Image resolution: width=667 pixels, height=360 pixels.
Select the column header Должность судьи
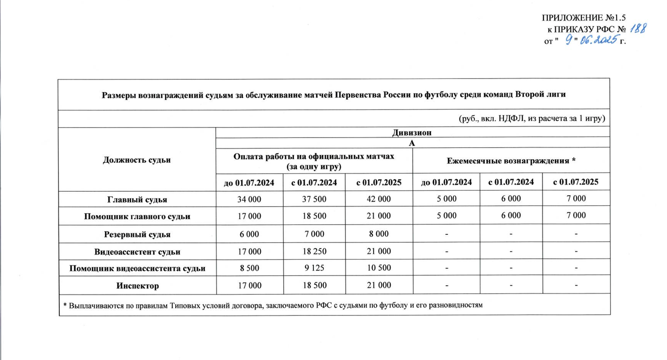click(137, 160)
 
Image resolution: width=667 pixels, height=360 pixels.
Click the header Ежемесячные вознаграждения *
click(511, 161)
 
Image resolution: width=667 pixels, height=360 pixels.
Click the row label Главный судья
click(137, 198)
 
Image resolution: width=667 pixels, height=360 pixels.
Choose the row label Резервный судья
click(137, 234)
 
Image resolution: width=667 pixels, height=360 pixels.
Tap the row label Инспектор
click(137, 286)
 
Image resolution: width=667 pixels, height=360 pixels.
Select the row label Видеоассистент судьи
click(137, 251)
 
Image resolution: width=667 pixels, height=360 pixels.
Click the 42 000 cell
click(379, 198)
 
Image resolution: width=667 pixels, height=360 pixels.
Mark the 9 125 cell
click(314, 268)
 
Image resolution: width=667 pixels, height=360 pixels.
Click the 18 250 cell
click(314, 251)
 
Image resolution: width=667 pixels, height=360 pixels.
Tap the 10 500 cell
click(379, 268)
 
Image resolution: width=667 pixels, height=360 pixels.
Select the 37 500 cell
click(314, 198)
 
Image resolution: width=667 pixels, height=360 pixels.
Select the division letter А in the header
click(412, 142)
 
